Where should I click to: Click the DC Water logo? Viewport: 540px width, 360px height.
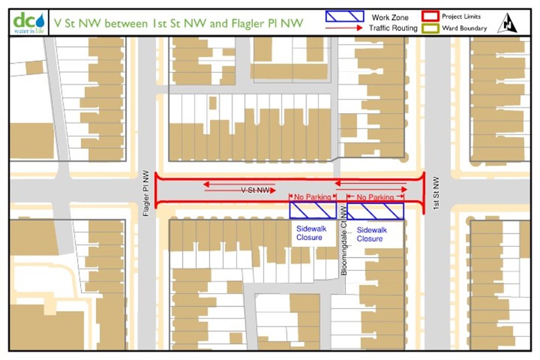[27, 21]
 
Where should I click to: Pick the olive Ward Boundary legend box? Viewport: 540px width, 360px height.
[430, 29]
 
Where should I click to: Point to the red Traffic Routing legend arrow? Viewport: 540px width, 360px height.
[344, 29]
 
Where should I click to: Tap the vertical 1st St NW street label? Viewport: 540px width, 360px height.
[436, 190]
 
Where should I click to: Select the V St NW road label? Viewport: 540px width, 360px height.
[255, 190]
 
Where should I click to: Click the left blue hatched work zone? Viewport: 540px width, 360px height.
[312, 210]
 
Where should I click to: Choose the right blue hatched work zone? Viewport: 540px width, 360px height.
[375, 210]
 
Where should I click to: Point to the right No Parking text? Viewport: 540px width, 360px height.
[375, 197]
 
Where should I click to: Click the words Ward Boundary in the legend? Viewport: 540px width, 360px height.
[464, 29]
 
